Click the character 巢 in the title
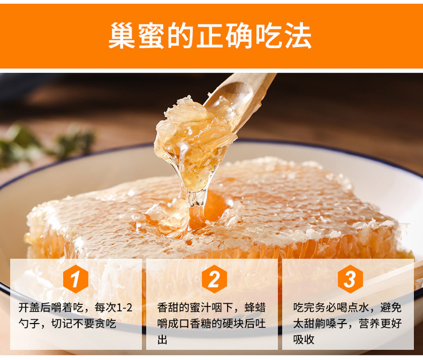pos(122,36)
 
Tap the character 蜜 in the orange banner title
pos(151,36)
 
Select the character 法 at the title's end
pos(298,36)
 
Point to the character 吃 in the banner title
pos(269,36)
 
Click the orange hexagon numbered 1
pos(75,279)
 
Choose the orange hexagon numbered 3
pos(350,279)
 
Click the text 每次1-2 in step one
pos(114,308)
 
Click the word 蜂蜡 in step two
pos(255,308)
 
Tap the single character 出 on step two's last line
pos(162,340)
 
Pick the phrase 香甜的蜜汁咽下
pos(195,308)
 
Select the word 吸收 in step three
pos(304,340)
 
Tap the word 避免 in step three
pos(391,308)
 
